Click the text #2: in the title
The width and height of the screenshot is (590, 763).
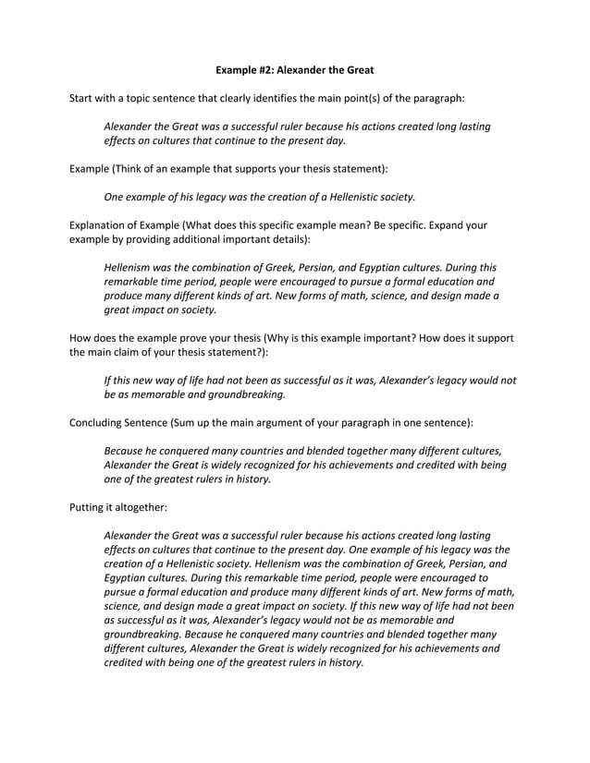(275, 69)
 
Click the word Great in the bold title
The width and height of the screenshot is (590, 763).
(358, 69)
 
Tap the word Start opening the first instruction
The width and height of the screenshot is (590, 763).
(84, 97)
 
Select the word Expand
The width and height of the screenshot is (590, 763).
(440, 224)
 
